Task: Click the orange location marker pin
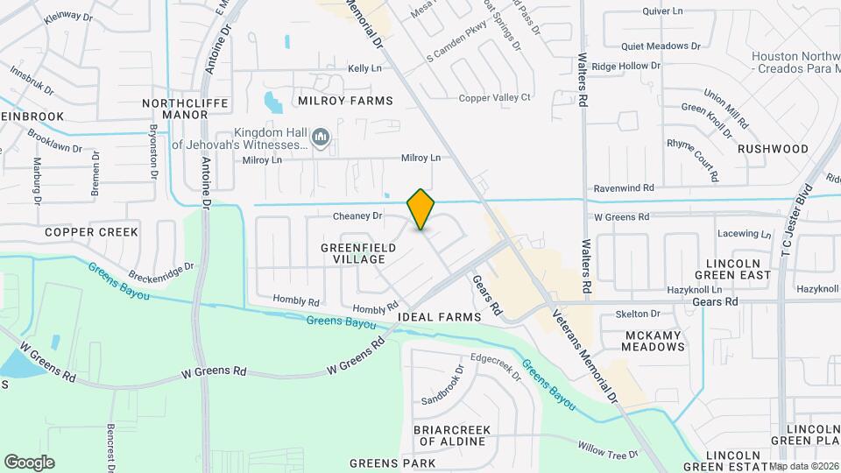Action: pyautogui.click(x=421, y=209)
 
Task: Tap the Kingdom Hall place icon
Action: pyautogui.click(x=322, y=138)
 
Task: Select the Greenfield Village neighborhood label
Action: pyautogui.click(x=358, y=253)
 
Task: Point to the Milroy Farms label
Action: pyautogui.click(x=344, y=101)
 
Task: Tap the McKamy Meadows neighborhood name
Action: pyautogui.click(x=653, y=341)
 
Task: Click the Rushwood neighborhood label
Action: pyautogui.click(x=773, y=149)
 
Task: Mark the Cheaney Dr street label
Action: pyautogui.click(x=357, y=215)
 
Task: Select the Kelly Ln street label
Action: pyautogui.click(x=365, y=68)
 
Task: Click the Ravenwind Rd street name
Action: pyautogui.click(x=624, y=188)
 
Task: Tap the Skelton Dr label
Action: pyautogui.click(x=638, y=314)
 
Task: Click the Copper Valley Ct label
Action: pyautogui.click(x=496, y=97)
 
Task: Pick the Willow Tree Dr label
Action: pyautogui.click(x=610, y=454)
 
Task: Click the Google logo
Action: pyautogui.click(x=29, y=462)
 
